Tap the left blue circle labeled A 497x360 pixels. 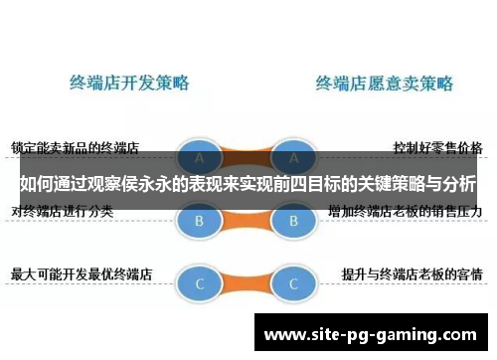click(x=200, y=158)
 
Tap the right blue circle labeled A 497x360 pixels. click(x=293, y=158)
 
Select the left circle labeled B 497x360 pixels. click(x=200, y=221)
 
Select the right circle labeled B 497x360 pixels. click(x=293, y=221)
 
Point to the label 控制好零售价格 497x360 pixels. click(x=437, y=148)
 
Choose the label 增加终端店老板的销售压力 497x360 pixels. click(x=405, y=212)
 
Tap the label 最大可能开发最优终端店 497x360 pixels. click(x=81, y=271)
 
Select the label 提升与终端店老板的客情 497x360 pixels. click(x=412, y=271)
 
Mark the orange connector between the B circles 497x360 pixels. click(x=247, y=221)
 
